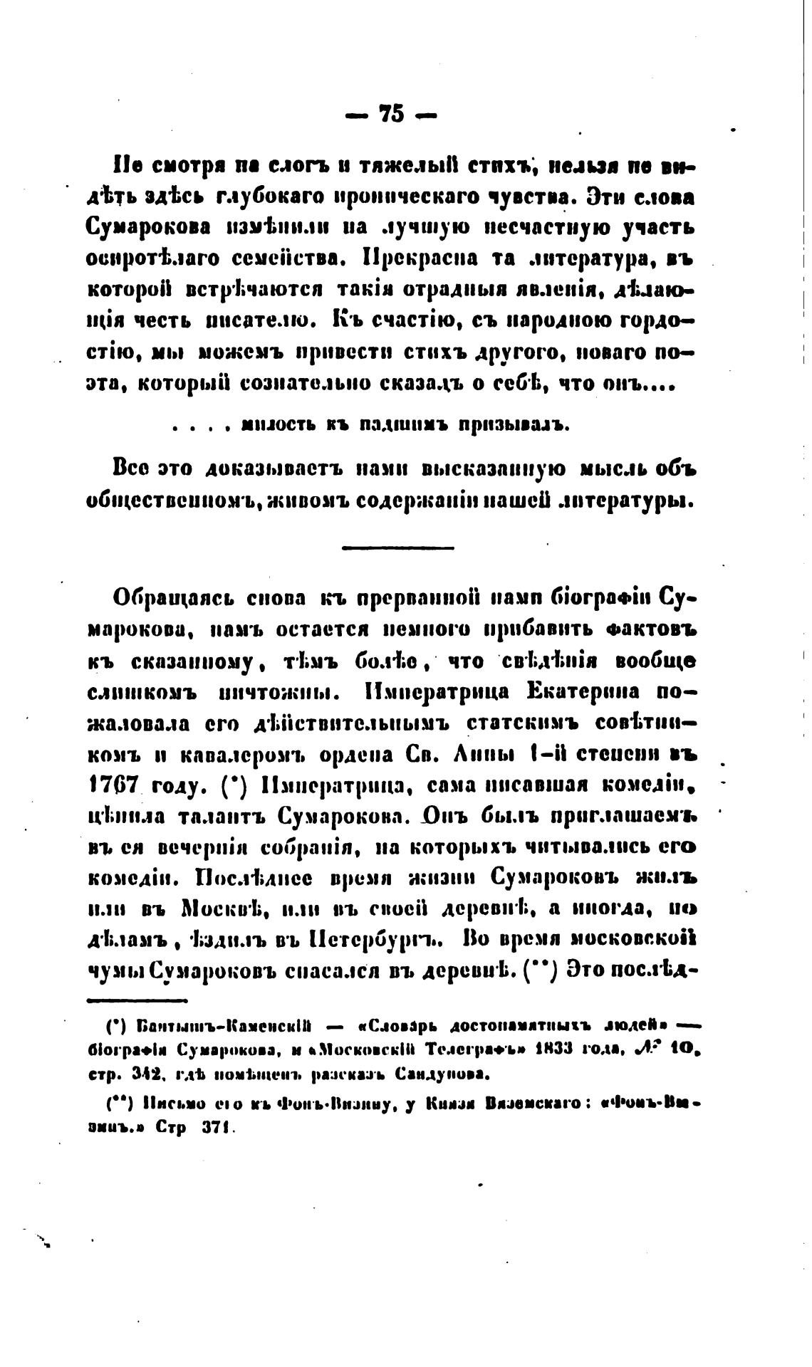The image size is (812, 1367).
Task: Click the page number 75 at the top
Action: click(392, 113)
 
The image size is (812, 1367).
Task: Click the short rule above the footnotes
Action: click(136, 1001)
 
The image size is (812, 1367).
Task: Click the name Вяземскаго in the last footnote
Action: click(533, 1104)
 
